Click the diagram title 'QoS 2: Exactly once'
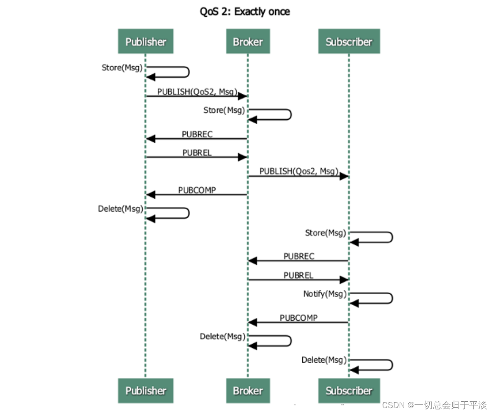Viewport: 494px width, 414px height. [x=245, y=12]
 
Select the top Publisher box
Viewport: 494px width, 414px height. [x=145, y=42]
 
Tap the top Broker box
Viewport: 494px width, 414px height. [x=247, y=42]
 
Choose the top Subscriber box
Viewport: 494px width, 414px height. [x=349, y=42]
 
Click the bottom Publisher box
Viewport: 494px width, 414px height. [x=145, y=390]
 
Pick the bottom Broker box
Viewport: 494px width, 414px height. [x=247, y=390]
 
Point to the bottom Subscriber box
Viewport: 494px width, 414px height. [x=349, y=390]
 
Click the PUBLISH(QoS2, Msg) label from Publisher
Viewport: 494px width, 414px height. [x=197, y=92]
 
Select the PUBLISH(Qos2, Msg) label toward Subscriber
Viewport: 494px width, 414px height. [x=299, y=171]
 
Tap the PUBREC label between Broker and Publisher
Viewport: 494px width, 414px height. [x=197, y=134]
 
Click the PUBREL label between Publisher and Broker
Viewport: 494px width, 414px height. [x=197, y=153]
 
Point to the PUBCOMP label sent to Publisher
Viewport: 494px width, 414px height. [x=197, y=190]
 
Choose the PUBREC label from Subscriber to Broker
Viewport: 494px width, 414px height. [x=299, y=256]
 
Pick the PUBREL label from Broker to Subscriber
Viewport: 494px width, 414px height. [x=298, y=275]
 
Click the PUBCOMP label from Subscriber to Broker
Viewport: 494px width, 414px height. [x=298, y=318]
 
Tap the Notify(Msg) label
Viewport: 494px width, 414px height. [x=324, y=294]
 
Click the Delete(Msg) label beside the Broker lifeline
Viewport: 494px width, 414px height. [x=223, y=336]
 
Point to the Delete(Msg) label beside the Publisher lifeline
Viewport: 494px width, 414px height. [x=121, y=209]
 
